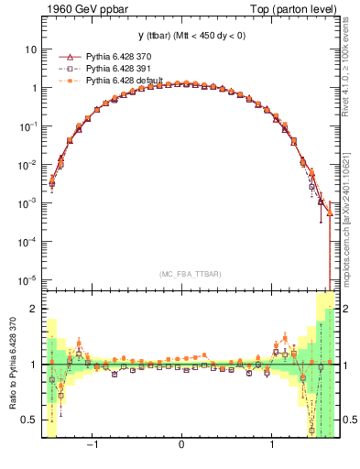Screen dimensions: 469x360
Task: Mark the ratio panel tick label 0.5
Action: coord(29,420)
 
